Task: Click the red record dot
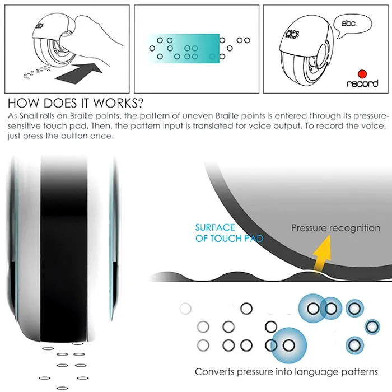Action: tap(362, 74)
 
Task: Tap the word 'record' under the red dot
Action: tap(362, 83)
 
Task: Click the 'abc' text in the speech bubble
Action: tap(349, 24)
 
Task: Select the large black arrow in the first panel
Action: tap(79, 73)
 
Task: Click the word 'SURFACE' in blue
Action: tap(215, 227)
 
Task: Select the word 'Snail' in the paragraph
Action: tap(29, 116)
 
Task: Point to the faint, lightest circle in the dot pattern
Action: tap(185, 309)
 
